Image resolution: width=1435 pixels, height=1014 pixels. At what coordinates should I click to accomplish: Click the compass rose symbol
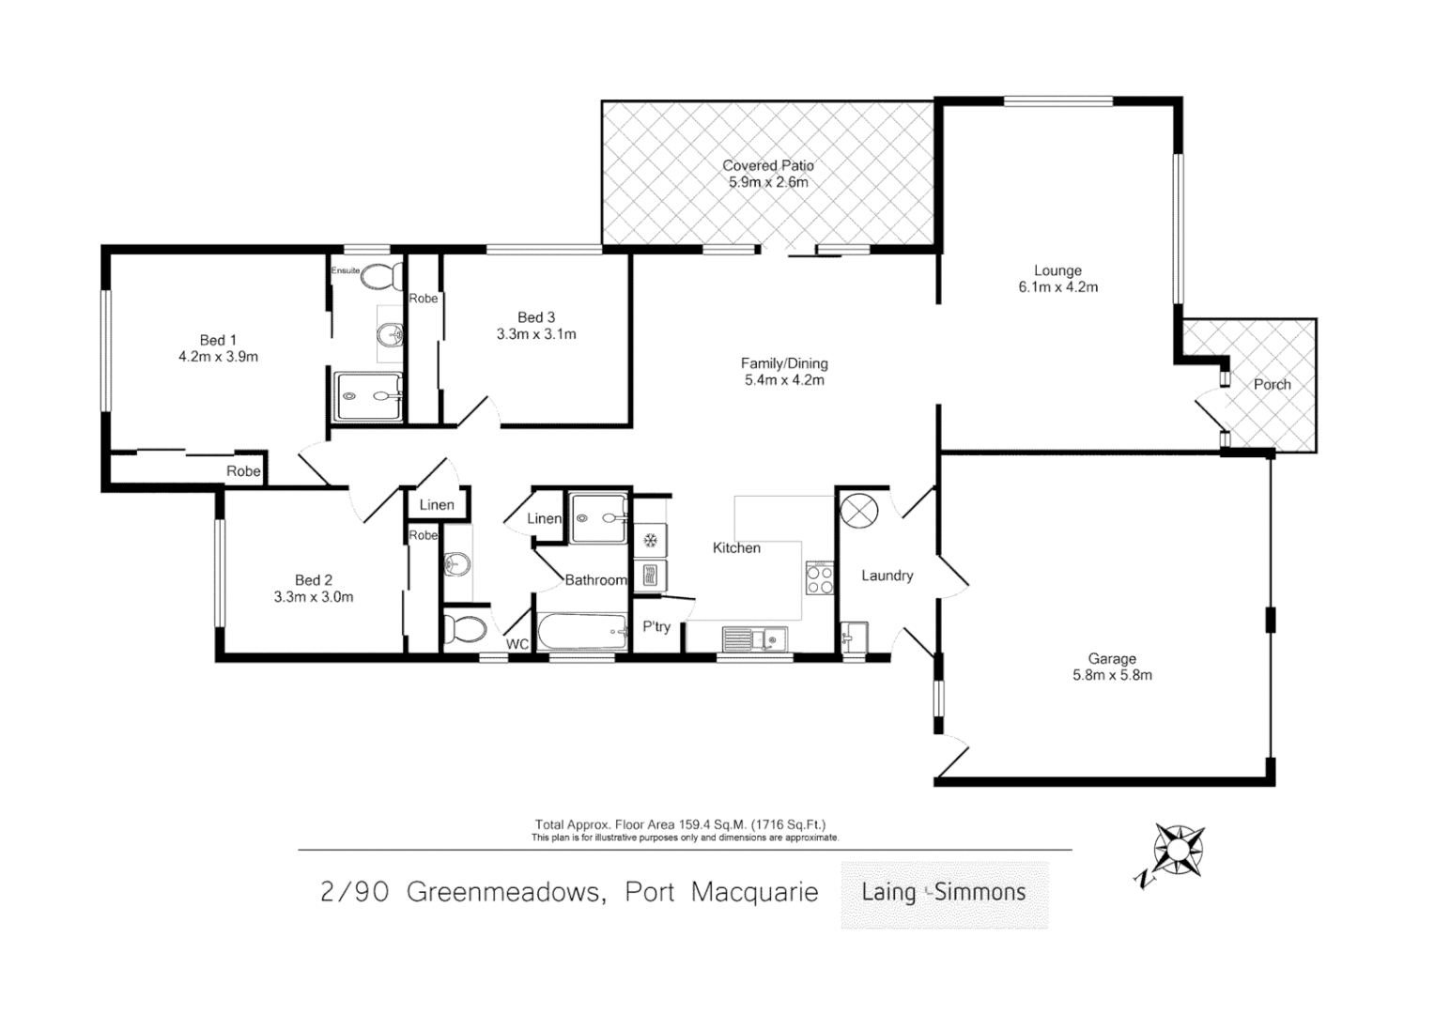1175,852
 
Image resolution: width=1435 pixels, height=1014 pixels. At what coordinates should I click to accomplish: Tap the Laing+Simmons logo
944,893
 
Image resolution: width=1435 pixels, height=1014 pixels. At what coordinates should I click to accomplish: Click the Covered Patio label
767,165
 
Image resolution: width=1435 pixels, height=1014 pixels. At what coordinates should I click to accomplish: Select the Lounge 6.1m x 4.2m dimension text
1057,287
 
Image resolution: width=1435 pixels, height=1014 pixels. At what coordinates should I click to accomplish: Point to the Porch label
1272,384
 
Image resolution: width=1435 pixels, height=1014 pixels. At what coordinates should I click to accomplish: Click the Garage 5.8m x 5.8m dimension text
1112,675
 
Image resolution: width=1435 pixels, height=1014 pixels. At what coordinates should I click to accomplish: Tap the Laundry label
887,576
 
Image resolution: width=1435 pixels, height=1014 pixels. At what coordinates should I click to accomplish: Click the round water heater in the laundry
858,512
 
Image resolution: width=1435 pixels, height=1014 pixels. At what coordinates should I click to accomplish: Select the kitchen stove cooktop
819,577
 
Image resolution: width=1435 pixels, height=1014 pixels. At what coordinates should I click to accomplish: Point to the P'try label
656,626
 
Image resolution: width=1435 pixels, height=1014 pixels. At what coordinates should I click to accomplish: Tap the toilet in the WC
464,629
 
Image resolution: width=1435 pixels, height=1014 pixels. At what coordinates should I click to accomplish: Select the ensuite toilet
380,277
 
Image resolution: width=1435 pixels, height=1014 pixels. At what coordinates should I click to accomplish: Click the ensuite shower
368,396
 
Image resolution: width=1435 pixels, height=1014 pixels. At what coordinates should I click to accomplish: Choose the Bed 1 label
218,340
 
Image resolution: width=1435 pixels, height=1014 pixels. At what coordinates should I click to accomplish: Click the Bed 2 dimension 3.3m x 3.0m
314,597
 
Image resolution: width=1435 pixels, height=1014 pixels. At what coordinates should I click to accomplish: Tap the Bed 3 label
536,317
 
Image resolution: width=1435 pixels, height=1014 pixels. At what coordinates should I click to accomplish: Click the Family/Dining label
784,363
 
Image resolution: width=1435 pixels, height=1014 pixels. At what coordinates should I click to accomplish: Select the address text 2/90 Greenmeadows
460,892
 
